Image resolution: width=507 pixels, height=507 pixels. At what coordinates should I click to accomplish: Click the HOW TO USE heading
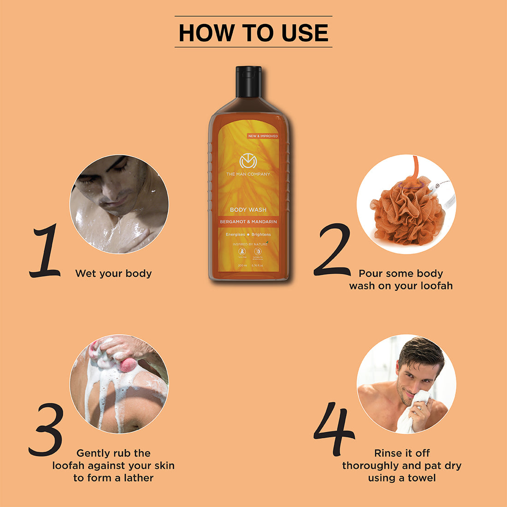(253, 33)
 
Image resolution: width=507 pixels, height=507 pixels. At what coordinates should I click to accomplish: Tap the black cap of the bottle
(249, 82)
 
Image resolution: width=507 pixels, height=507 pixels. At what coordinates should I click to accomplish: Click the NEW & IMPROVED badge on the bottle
(263, 136)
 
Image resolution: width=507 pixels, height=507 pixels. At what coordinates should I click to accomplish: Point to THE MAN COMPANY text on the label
(248, 174)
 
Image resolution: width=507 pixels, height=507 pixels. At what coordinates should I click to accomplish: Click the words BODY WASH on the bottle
(248, 210)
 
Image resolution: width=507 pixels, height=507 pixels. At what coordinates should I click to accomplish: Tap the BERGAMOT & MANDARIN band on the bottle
(248, 222)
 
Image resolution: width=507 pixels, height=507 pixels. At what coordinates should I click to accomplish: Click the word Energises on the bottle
(235, 235)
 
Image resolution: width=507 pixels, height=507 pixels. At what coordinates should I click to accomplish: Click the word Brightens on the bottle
(261, 235)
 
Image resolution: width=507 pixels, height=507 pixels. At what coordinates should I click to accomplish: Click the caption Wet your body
(113, 273)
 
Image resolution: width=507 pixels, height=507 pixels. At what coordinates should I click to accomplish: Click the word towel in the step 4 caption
(421, 478)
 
